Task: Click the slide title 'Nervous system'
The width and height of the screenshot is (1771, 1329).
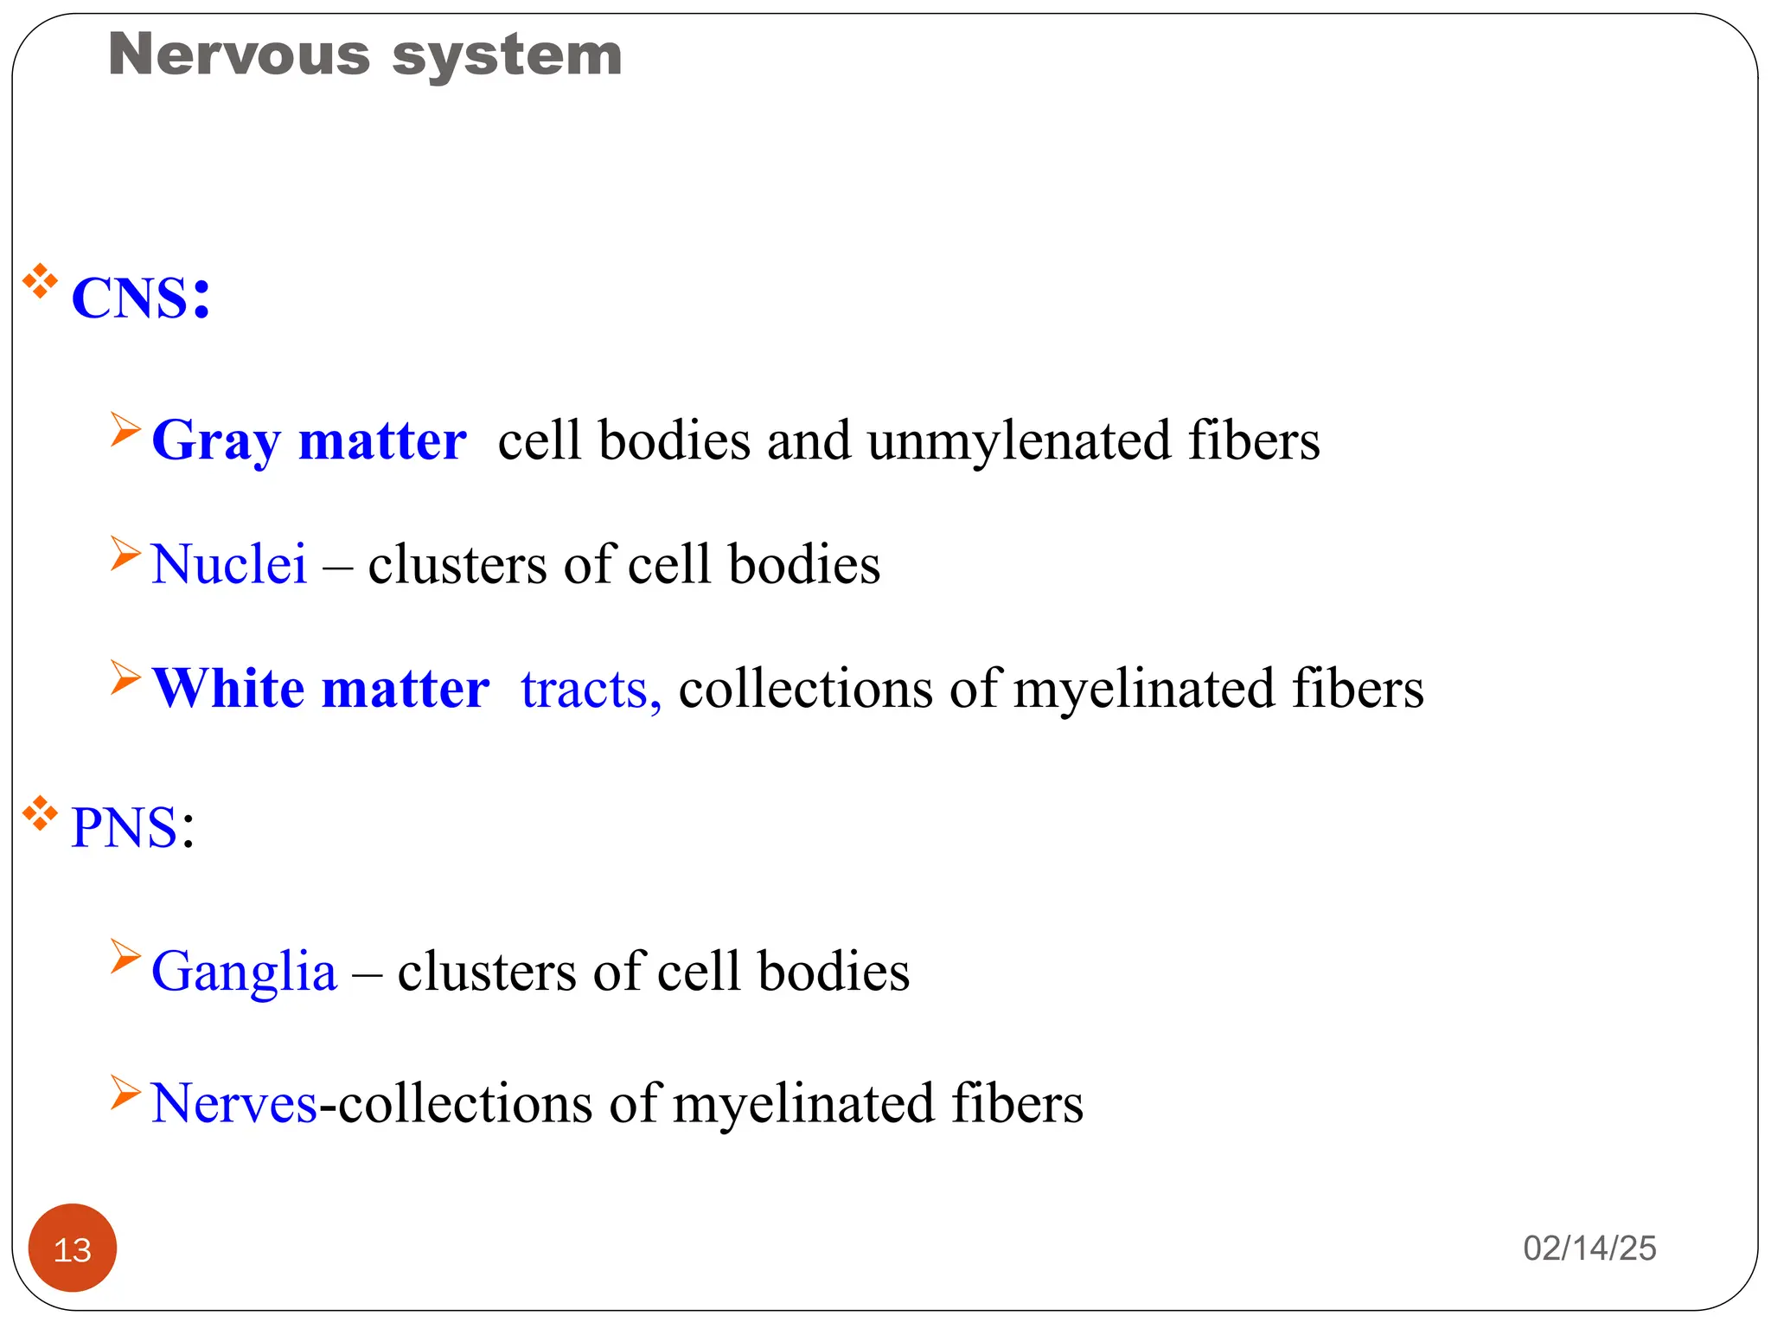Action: pyautogui.click(x=365, y=55)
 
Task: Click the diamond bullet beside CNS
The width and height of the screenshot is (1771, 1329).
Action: pyautogui.click(x=40, y=282)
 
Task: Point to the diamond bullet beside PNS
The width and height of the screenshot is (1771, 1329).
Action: pyautogui.click(x=40, y=813)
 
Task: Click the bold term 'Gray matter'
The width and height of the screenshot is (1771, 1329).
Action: pyautogui.click(x=309, y=441)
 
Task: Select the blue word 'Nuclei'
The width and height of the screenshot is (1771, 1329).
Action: pyautogui.click(x=229, y=564)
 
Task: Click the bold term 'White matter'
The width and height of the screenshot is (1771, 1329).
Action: pyautogui.click(x=321, y=690)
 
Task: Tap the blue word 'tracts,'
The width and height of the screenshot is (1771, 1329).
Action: pyautogui.click(x=591, y=690)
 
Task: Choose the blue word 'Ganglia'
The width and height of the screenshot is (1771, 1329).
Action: pyautogui.click(x=244, y=972)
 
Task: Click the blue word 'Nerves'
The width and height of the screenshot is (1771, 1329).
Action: pyautogui.click(x=234, y=1104)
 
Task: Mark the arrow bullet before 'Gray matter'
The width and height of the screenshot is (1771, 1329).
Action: pyautogui.click(x=125, y=430)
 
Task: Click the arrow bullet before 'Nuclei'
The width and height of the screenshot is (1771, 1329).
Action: pyautogui.click(x=125, y=554)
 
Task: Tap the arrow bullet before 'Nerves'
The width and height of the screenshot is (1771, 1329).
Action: pyautogui.click(x=125, y=1092)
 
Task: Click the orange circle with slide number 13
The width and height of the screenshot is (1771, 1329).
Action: pyautogui.click(x=73, y=1249)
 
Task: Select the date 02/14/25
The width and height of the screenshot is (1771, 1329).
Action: pyautogui.click(x=1589, y=1249)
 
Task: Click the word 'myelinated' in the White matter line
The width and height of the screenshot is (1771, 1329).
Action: pyautogui.click(x=1144, y=690)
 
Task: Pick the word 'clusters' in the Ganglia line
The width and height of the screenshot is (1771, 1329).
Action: pyautogui.click(x=487, y=972)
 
